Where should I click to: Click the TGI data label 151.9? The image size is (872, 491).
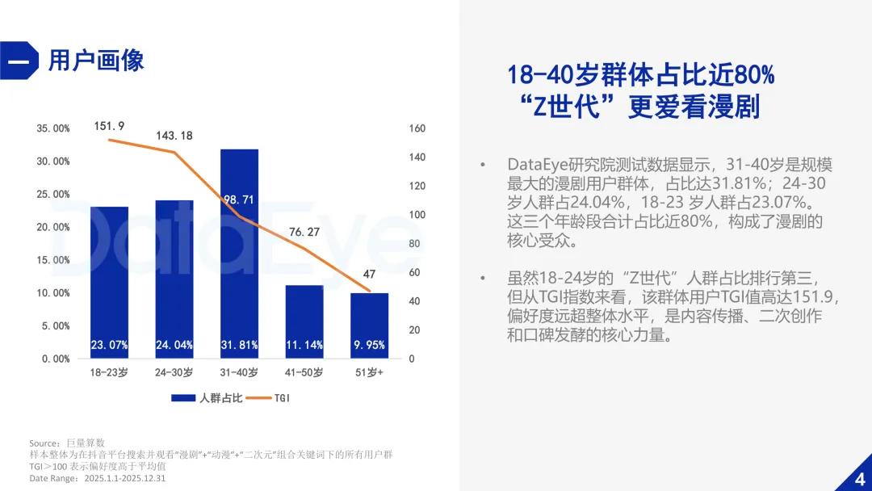[x=109, y=126]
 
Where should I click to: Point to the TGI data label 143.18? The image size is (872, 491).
[x=174, y=136]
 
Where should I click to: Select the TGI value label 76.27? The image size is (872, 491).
[x=304, y=232]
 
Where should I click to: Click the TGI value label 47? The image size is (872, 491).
[x=369, y=274]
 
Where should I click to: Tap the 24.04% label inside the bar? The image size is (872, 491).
[x=174, y=345]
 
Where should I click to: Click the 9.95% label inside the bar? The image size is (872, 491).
[x=369, y=345]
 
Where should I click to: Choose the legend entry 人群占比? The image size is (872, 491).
[x=206, y=397]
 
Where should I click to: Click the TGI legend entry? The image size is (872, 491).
[x=270, y=397]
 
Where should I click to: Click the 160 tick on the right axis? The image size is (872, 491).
[x=417, y=128]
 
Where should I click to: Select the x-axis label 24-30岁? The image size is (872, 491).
[x=174, y=372]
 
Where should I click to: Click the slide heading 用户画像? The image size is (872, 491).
[x=96, y=61]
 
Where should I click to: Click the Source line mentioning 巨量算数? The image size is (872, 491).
[x=67, y=443]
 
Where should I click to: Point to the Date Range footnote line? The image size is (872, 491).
[x=97, y=478]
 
